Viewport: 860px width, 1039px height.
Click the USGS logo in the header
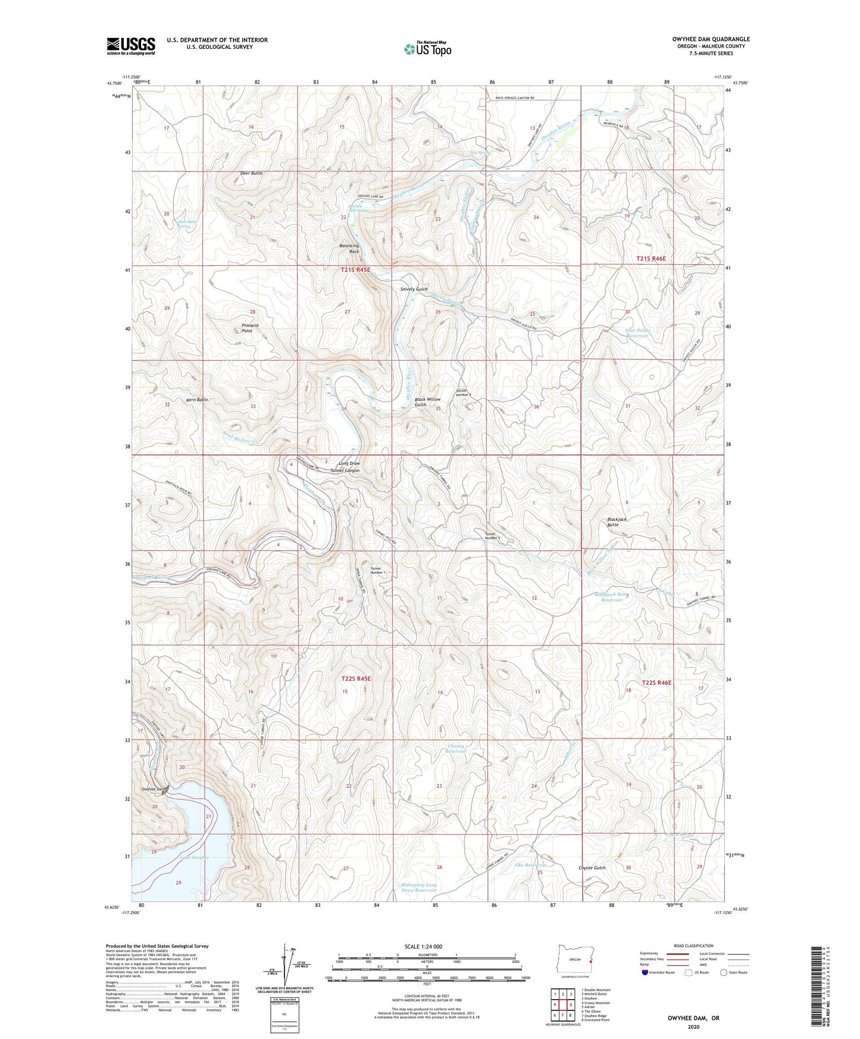[x=131, y=46]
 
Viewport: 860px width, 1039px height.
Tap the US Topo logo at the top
[x=427, y=48]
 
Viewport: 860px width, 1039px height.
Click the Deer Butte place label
[x=251, y=173]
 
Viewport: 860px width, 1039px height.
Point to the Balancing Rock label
[x=350, y=249]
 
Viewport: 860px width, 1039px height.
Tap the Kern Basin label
[x=197, y=400]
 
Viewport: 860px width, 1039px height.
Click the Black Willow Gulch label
[x=427, y=402]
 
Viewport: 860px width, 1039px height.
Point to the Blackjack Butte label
[x=617, y=522]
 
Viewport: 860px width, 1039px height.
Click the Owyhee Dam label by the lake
[x=152, y=789]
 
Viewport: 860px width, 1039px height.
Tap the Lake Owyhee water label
[x=195, y=858]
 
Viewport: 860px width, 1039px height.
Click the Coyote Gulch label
[x=592, y=868]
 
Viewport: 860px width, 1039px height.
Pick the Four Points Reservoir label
[x=637, y=333]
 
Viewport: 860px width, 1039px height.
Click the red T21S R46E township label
[x=651, y=259]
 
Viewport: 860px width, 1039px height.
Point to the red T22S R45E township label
[x=356, y=678]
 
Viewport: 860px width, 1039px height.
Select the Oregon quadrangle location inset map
[x=574, y=960]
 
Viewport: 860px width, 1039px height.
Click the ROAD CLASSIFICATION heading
[x=694, y=946]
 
